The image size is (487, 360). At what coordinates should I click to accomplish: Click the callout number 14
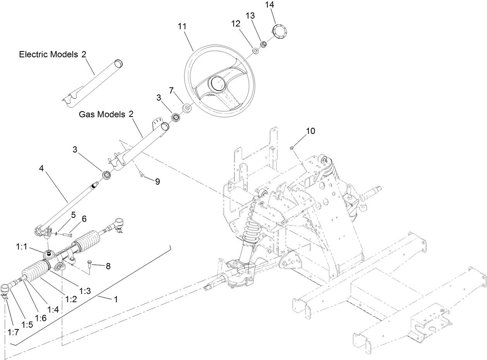(269, 5)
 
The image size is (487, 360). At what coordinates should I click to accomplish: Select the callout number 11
(182, 26)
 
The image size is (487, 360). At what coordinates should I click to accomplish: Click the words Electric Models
(49, 55)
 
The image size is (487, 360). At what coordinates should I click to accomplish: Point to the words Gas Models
(102, 115)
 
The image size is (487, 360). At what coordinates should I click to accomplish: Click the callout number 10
(310, 131)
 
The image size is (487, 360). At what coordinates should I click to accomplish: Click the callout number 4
(42, 168)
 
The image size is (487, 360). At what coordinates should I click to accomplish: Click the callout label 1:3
(85, 290)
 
